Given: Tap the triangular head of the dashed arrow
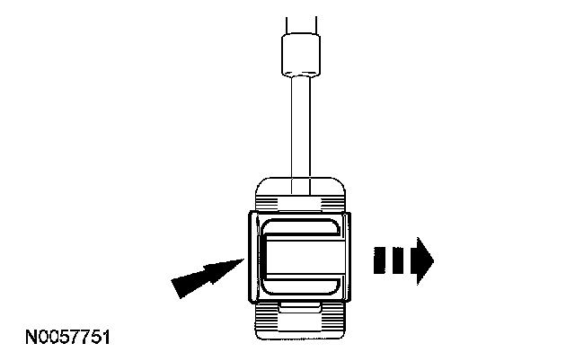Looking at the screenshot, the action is [421, 261].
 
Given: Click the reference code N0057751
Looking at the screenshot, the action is [67, 339].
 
